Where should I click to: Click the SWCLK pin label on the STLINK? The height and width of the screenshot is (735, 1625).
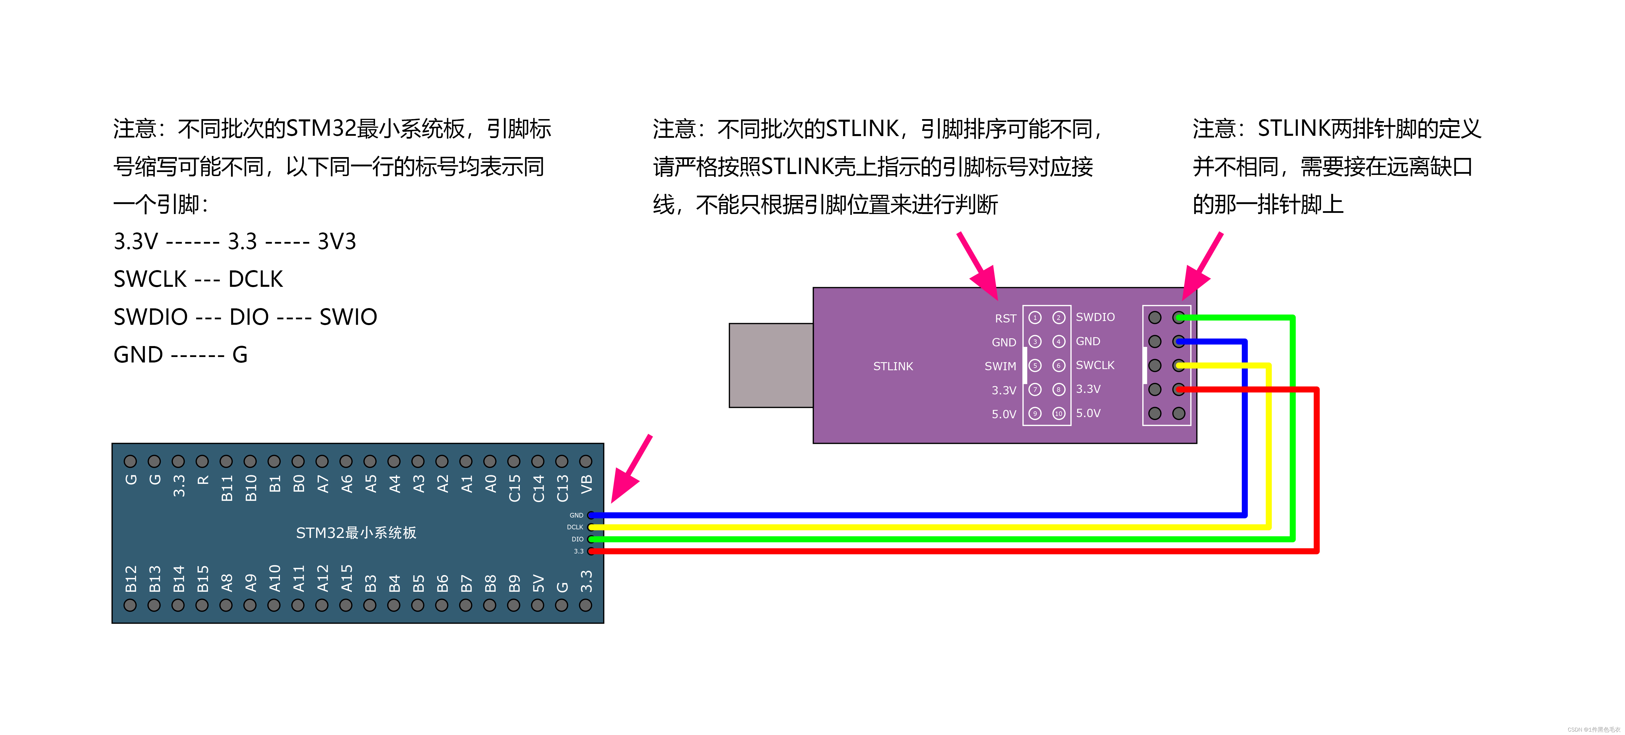pyautogui.click(x=1095, y=365)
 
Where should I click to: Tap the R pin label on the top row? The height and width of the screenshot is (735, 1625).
pyautogui.click(x=203, y=481)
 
